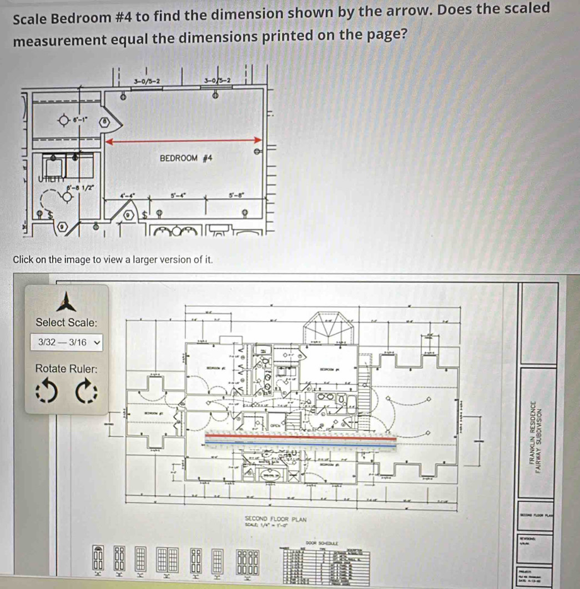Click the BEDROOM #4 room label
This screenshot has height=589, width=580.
pos(186,158)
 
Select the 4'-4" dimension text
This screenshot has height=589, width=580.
pos(128,196)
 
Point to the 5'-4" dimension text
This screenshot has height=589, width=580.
pos(178,196)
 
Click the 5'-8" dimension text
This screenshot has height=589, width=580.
pos(235,196)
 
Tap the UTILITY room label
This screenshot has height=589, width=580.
pos(49,178)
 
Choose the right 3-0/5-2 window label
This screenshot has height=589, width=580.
pos(218,81)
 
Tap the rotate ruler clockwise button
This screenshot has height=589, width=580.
pos(87,391)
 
